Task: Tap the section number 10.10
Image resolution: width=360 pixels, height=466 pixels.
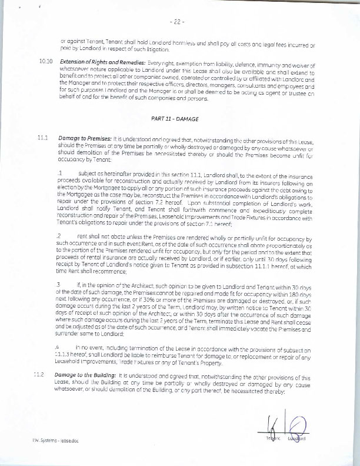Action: (45, 61)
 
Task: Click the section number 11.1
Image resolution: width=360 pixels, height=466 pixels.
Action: (41, 137)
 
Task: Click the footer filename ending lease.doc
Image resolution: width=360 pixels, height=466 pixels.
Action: (51, 440)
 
